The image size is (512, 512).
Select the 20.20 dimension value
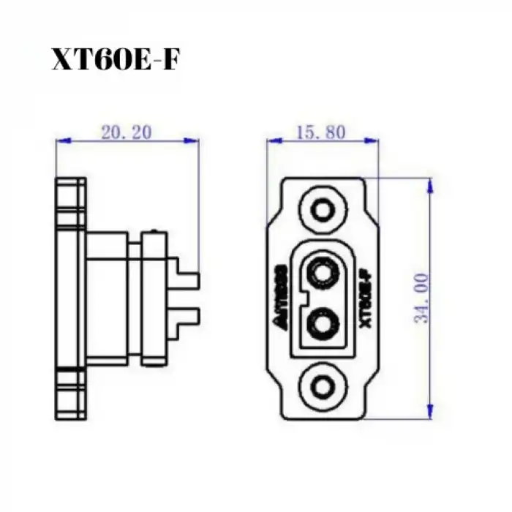click(127, 132)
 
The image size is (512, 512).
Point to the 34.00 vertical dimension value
click(421, 298)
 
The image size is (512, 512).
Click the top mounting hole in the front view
click(322, 211)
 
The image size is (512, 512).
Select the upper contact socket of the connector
click(322, 275)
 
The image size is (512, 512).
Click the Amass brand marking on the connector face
click(286, 298)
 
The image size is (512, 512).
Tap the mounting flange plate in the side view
click(70, 298)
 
